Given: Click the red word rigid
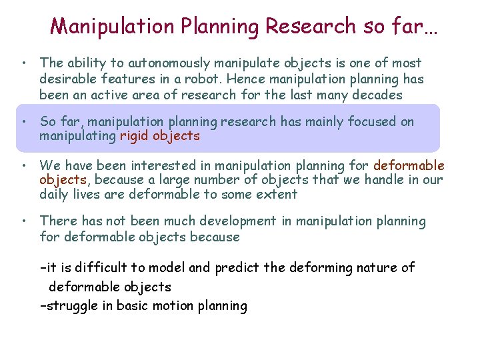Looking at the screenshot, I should [x=134, y=136].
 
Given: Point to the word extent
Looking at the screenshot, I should [x=277, y=195].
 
